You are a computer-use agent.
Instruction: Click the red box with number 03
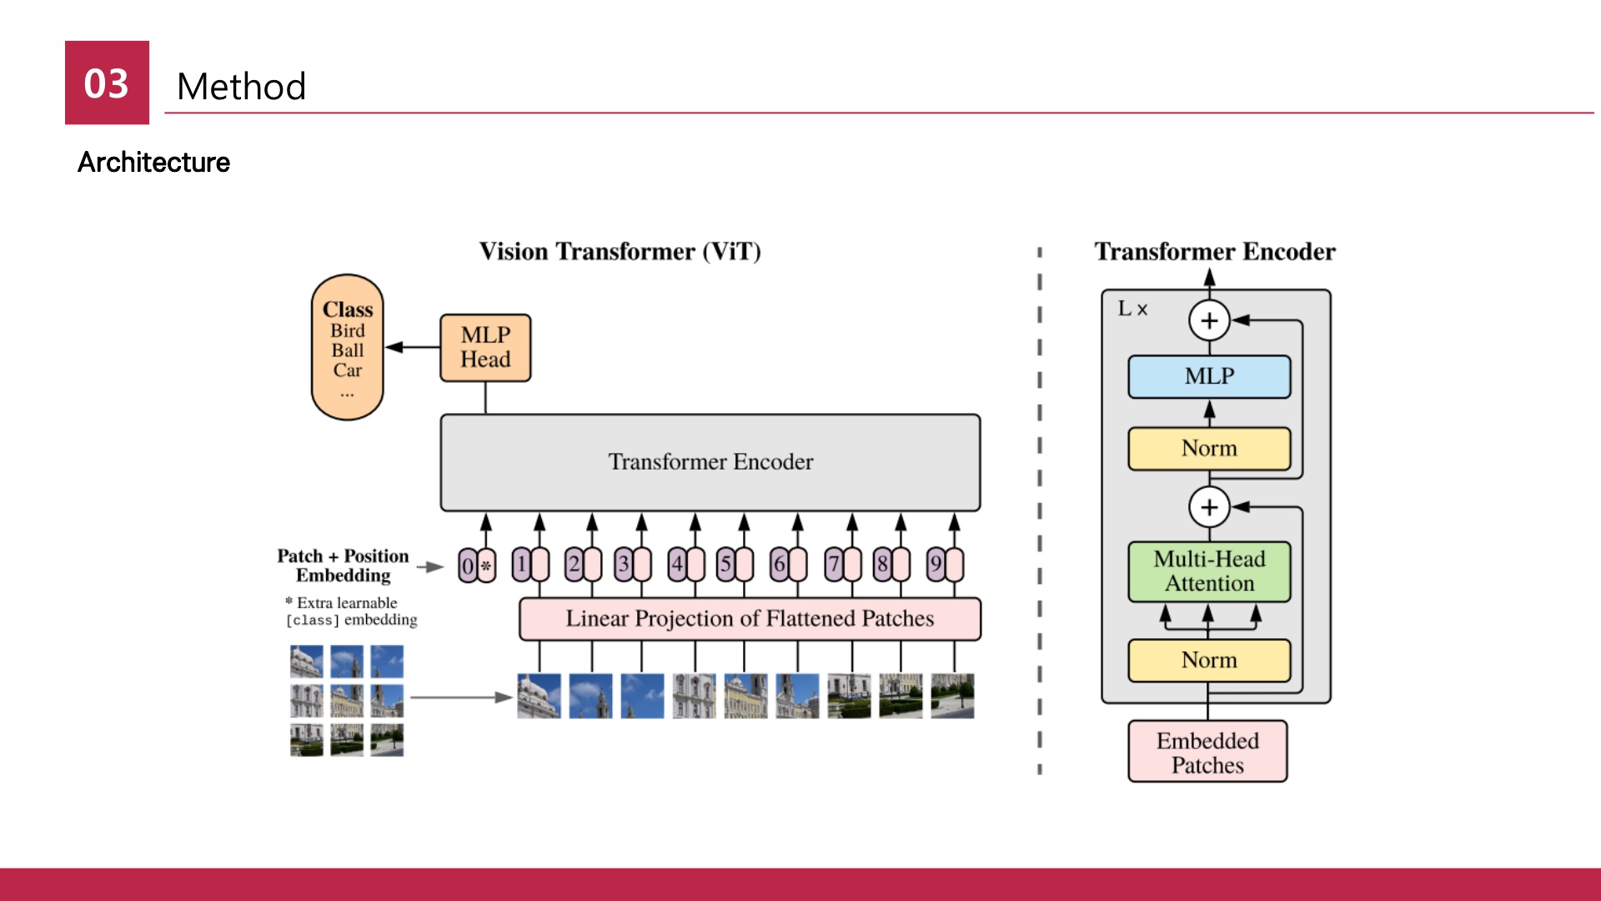(107, 83)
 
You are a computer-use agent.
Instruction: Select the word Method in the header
(242, 87)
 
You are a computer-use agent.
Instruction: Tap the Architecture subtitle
(153, 162)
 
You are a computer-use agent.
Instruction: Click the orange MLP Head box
(485, 348)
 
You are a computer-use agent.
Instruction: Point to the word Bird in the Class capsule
(348, 330)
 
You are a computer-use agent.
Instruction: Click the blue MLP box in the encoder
(1209, 376)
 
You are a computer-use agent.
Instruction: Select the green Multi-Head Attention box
(1209, 571)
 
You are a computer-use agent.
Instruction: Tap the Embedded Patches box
(1207, 752)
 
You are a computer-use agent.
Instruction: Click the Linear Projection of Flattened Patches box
(750, 619)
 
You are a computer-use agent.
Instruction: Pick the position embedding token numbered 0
(467, 566)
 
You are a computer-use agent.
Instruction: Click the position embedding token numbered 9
(936, 565)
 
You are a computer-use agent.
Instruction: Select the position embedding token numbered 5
(725, 565)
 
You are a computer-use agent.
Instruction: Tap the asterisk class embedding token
(486, 566)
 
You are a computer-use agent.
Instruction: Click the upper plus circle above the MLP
(1209, 320)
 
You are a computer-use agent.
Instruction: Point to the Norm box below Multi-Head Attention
(1209, 660)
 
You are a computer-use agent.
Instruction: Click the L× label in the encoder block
(1132, 309)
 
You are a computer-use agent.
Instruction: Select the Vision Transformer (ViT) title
(620, 251)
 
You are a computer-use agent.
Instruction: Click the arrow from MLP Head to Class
(412, 347)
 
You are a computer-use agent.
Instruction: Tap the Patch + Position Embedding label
(343, 566)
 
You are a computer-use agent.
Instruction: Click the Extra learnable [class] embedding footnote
(351, 611)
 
